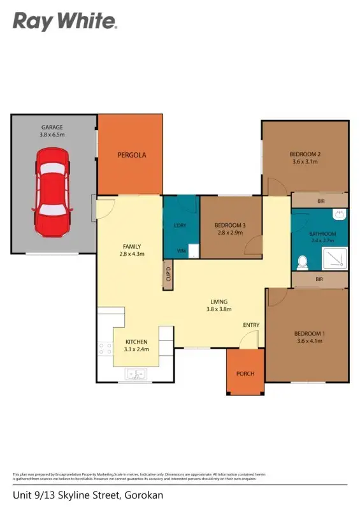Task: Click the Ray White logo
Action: click(65, 22)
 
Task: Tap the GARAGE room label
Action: click(53, 127)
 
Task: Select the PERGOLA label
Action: click(131, 155)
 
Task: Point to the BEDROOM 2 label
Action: click(304, 154)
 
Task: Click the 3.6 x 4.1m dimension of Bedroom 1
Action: click(308, 341)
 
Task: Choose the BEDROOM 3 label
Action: click(230, 225)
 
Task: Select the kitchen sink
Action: click(137, 374)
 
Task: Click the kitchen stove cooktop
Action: click(104, 349)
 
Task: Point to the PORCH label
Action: click(245, 374)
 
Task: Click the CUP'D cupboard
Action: click(168, 275)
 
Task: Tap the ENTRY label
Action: click(251, 325)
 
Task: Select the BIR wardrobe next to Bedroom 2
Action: click(320, 201)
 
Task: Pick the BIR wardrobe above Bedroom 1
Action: click(320, 279)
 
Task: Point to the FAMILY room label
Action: click(132, 247)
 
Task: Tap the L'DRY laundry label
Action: click(180, 225)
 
